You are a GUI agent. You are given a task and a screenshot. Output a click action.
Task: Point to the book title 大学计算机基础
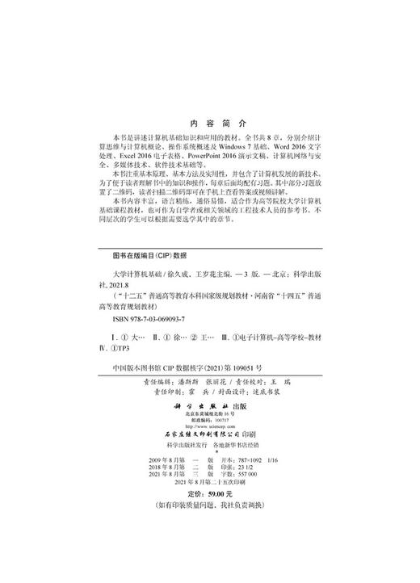tap(141, 275)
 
